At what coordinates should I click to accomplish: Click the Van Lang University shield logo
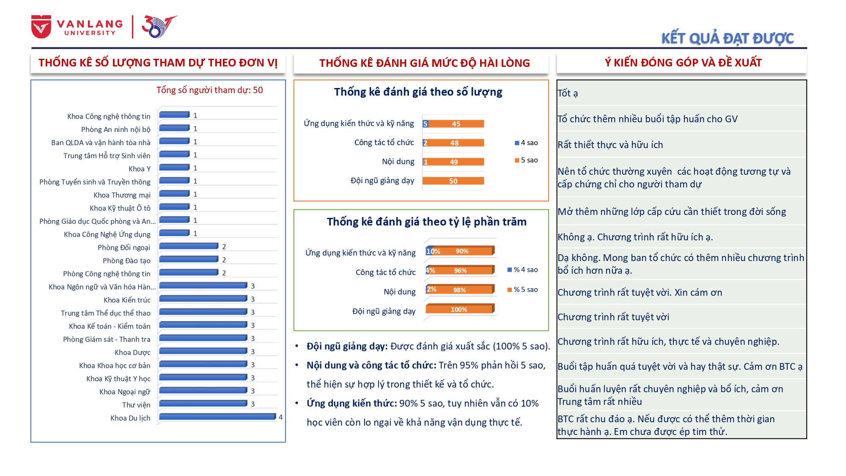(41, 27)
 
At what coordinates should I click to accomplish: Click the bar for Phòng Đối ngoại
(188, 246)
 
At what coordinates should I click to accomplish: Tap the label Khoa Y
(139, 169)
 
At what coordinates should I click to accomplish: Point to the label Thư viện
(136, 405)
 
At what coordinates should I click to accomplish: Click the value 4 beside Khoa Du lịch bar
(280, 417)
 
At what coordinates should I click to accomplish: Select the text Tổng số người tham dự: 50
(209, 90)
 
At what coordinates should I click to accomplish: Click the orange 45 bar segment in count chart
(456, 124)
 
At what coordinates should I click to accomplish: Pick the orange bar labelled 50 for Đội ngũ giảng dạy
(453, 181)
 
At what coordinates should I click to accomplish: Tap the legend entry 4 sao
(526, 143)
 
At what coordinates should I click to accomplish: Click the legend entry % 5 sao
(523, 290)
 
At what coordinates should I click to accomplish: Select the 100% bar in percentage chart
(459, 310)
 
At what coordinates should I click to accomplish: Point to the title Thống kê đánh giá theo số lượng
(418, 92)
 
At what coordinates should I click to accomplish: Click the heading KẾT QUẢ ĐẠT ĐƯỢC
(727, 39)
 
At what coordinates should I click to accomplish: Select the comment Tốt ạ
(568, 93)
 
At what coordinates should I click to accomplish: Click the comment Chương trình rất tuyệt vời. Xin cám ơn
(640, 292)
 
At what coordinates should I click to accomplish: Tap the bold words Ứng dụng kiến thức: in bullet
(352, 403)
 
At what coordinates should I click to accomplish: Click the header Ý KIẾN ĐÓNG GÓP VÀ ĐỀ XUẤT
(683, 63)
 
